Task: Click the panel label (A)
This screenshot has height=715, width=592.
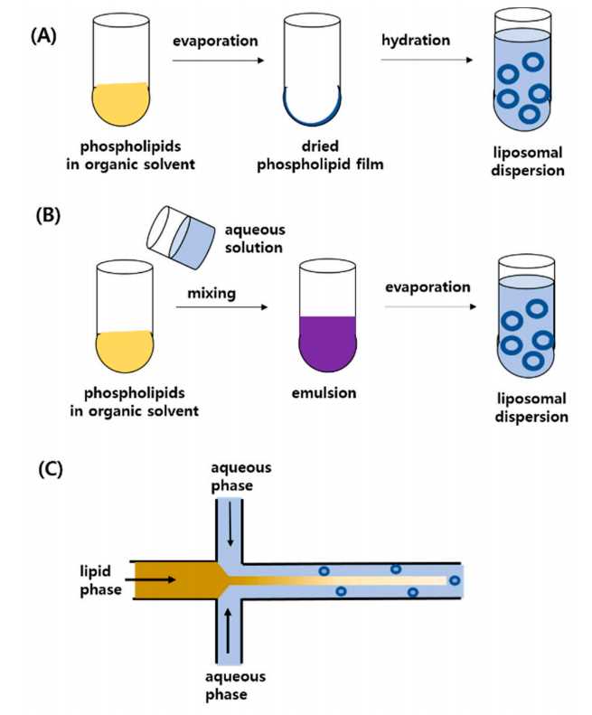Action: tap(45, 35)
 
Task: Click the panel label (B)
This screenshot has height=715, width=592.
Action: tap(45, 218)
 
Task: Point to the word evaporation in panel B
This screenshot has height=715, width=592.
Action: tap(429, 287)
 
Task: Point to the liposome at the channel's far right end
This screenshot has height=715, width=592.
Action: tap(455, 580)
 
